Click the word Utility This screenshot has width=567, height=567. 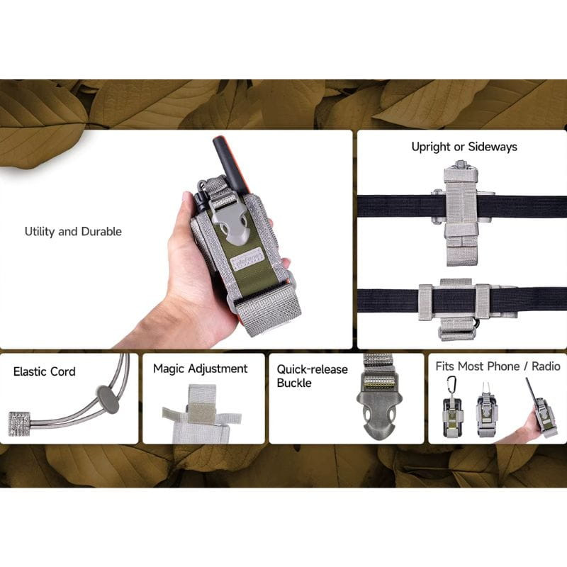tap(42, 232)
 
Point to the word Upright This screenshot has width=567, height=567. tap(431, 147)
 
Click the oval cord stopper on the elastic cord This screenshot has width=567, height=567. tap(108, 400)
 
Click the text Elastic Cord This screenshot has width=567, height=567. tap(44, 371)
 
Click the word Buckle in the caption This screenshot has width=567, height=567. tap(294, 383)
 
